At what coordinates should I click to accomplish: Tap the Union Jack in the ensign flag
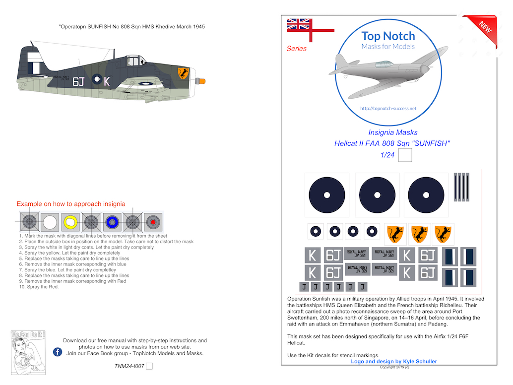(299, 24)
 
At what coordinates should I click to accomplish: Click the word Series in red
(296, 49)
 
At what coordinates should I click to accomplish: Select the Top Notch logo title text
(388, 36)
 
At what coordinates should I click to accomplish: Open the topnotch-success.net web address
(388, 109)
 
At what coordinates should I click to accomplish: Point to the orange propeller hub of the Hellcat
(201, 80)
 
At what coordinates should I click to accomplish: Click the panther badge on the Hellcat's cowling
(183, 74)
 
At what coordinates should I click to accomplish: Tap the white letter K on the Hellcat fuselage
(107, 81)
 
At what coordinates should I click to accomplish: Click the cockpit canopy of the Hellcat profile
(134, 61)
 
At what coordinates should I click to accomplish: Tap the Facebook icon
(57, 352)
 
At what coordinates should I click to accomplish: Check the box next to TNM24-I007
(149, 366)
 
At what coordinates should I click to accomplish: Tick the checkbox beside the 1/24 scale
(405, 156)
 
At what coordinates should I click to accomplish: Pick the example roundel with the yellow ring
(70, 222)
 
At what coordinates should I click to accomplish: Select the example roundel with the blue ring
(112, 222)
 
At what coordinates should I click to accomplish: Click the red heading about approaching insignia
(71, 204)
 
